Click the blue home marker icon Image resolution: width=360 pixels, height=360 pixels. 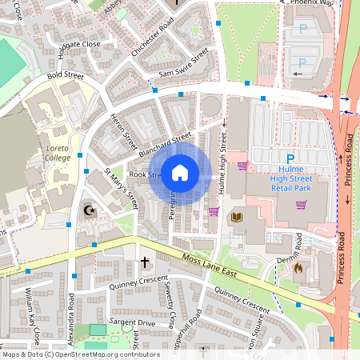tap(180, 173)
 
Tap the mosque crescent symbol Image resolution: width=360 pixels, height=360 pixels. tap(90, 211)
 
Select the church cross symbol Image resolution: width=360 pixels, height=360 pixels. tap(146, 262)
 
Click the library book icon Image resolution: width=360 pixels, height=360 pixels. tap(236, 217)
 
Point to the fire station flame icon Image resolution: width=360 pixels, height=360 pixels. tap(298, 269)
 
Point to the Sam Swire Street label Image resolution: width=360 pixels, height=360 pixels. tap(183, 64)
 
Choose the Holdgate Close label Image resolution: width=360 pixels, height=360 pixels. tap(78, 43)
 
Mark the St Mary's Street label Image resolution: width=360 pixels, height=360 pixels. tap(122, 188)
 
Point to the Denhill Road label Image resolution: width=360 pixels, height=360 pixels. tap(296, 248)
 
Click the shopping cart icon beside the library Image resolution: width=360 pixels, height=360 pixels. tap(214, 212)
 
